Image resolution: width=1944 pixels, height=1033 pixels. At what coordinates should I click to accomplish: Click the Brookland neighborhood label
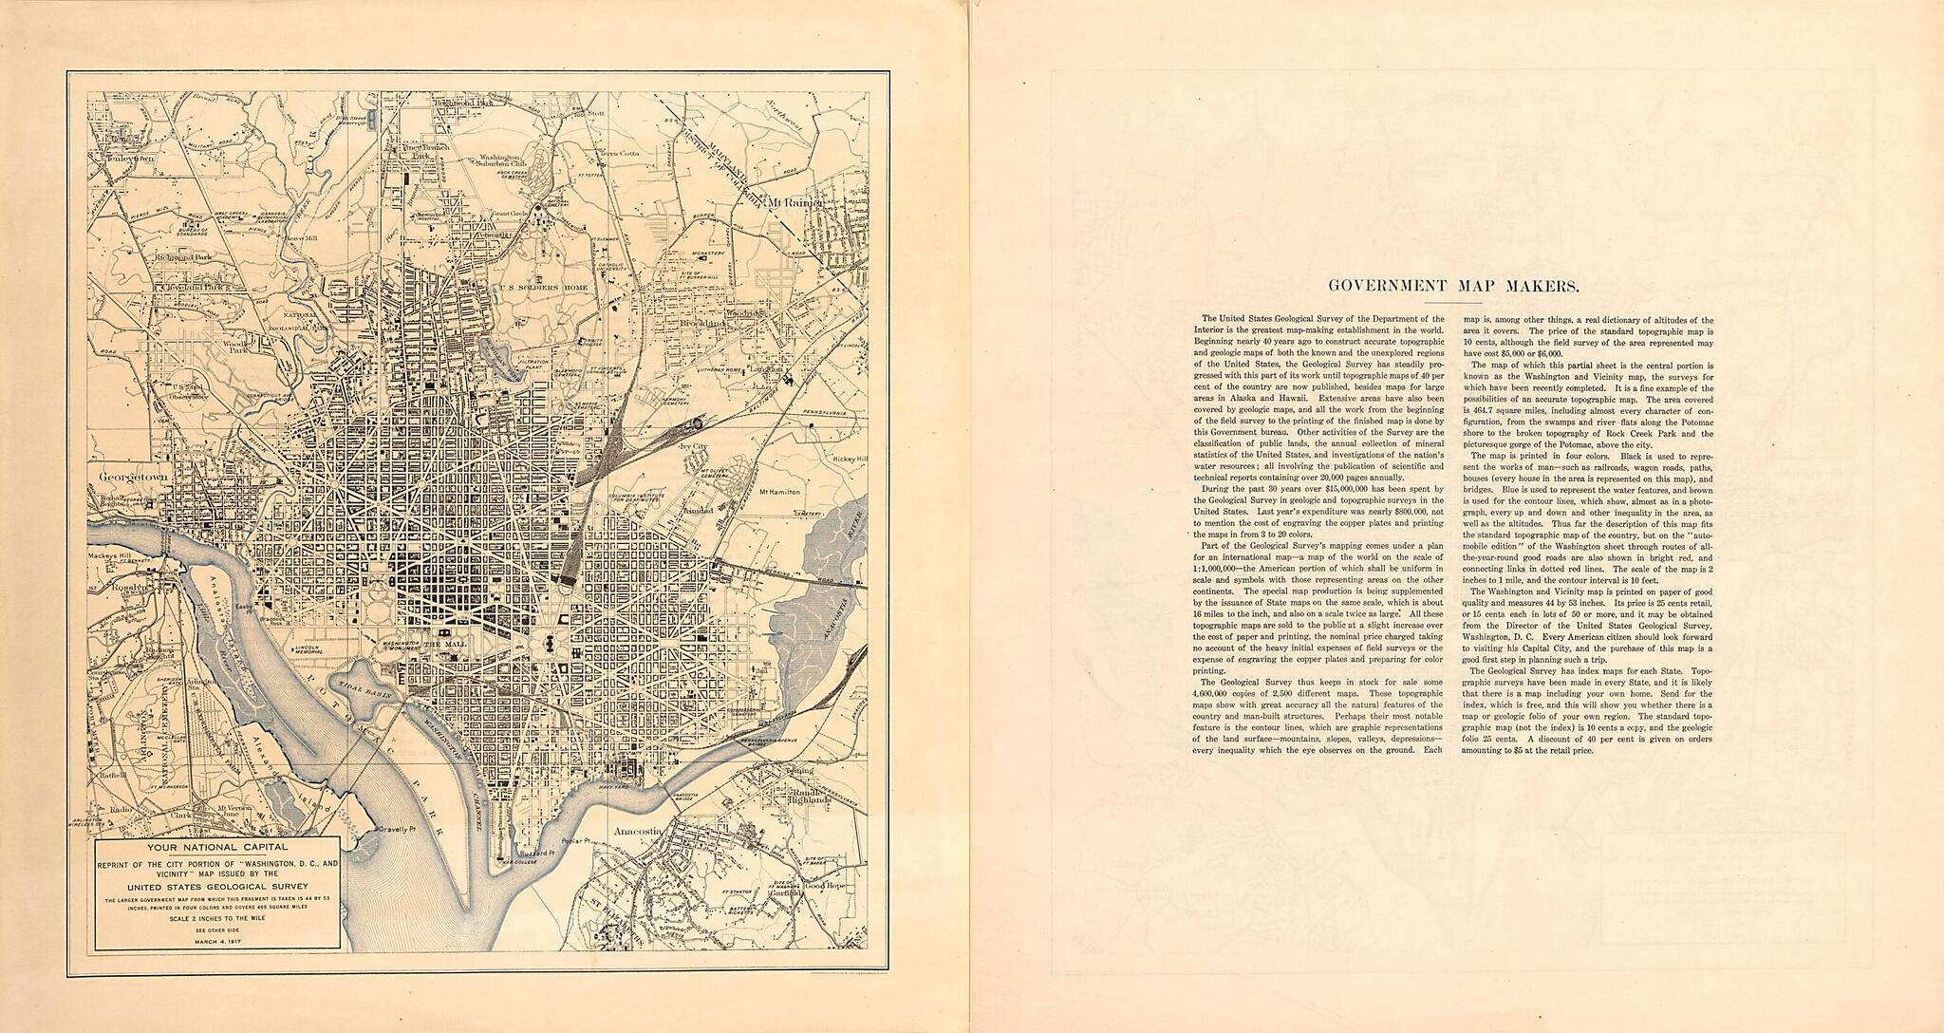coord(727,324)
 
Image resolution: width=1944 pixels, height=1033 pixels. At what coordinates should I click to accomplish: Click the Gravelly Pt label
coord(398,829)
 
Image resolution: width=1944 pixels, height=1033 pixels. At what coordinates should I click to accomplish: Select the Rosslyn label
coord(128,588)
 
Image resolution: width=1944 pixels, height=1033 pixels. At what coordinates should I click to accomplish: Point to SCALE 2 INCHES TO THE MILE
coord(219,918)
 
